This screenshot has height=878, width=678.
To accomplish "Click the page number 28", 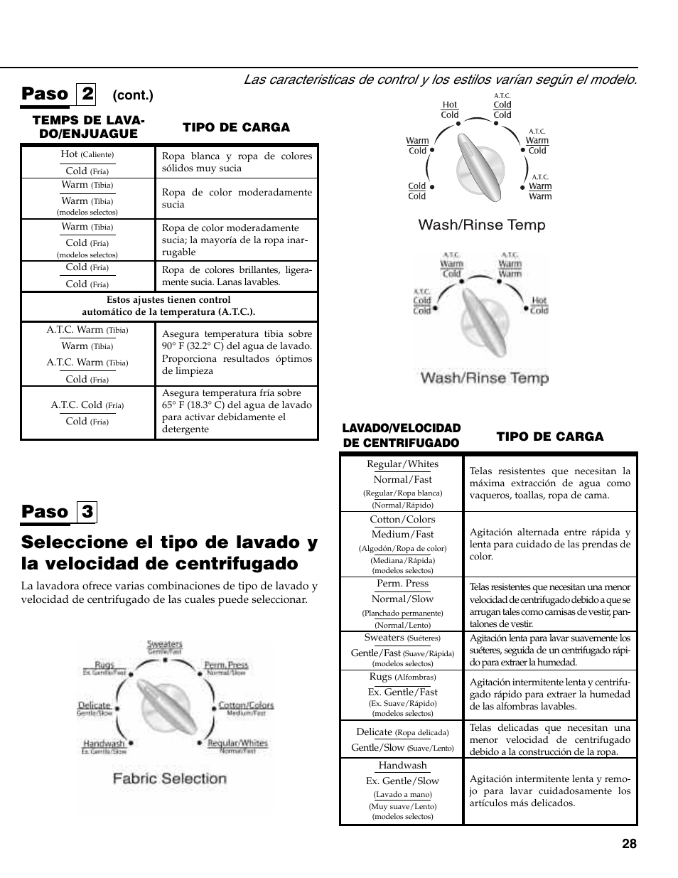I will (x=628, y=844).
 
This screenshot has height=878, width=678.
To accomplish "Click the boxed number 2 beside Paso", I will (x=87, y=93).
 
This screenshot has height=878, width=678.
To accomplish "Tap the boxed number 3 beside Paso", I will (x=87, y=511).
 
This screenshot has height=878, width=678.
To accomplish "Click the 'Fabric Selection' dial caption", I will (x=170, y=778).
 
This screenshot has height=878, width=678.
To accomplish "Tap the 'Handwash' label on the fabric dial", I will (x=104, y=744).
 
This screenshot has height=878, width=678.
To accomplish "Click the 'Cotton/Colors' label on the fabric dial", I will (x=246, y=705).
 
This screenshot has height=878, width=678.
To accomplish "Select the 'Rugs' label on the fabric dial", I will (x=104, y=666).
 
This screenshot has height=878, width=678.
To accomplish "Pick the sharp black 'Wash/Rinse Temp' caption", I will (x=482, y=225).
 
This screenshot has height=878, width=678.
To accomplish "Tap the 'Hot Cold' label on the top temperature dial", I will (x=450, y=109).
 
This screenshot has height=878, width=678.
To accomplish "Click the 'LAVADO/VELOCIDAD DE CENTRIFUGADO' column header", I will (x=402, y=435).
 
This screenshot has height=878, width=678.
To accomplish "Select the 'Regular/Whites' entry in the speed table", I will (x=402, y=464).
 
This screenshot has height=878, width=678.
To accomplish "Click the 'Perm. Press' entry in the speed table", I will (x=402, y=584).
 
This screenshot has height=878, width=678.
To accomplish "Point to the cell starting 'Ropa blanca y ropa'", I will (x=237, y=162).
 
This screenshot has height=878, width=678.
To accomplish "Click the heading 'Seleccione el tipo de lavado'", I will (x=170, y=552).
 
